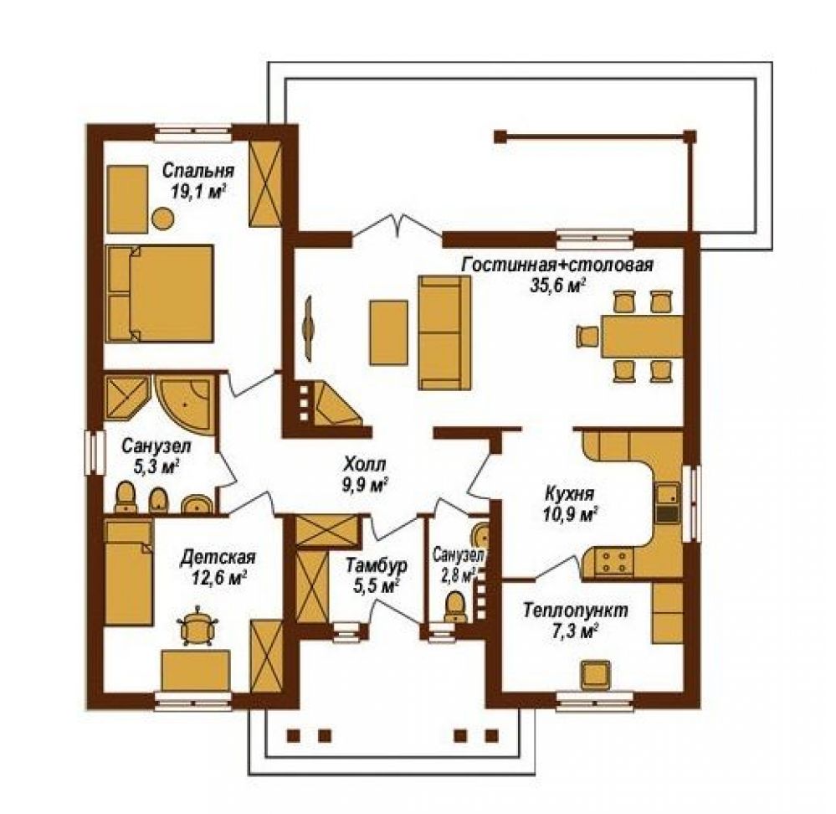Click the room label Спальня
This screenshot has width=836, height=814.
pos(197,171)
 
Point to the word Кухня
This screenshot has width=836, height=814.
pos(569,493)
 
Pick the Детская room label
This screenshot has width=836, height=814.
pos(218,557)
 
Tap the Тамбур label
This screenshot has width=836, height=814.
pos(377,565)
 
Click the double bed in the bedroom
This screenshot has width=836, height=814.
pos(160,293)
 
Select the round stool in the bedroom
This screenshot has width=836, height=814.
pos(162,219)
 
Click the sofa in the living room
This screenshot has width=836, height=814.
pos(444,332)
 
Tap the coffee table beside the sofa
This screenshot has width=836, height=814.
pos(388,332)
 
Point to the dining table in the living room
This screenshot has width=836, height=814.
pos(642,336)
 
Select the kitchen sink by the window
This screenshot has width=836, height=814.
pos(667,494)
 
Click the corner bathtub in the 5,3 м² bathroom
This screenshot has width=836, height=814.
pos(184,403)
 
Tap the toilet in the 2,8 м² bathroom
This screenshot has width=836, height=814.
pos(454,606)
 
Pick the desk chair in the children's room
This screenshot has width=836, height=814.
pos(199,626)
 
